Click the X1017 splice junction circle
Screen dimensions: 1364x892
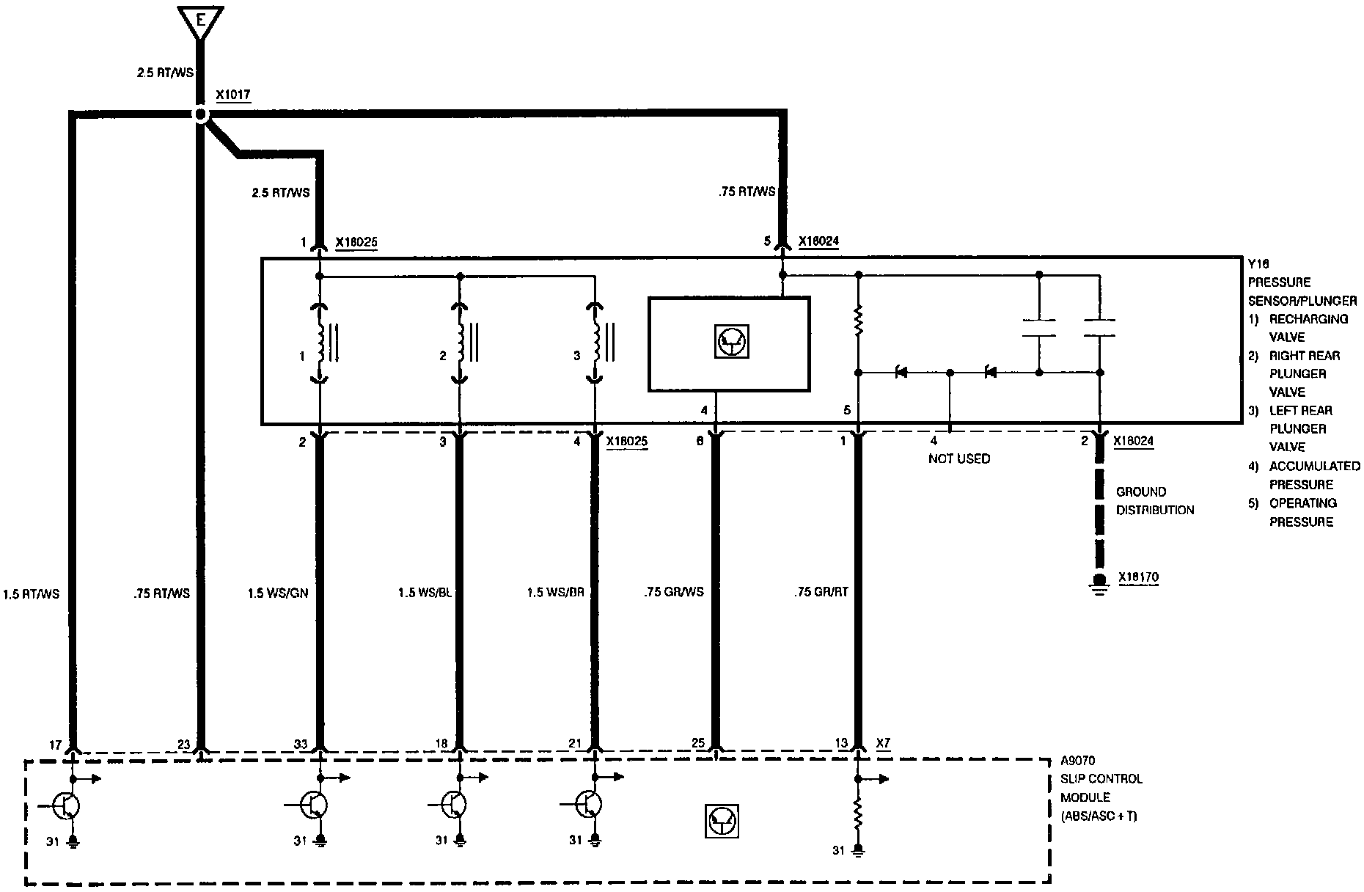point(199,115)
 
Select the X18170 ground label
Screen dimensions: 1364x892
point(1139,577)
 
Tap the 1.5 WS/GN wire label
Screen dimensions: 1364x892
point(278,593)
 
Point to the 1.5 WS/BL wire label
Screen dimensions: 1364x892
point(425,593)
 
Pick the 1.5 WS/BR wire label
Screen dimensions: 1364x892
point(556,593)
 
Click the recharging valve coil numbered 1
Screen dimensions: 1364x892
point(320,342)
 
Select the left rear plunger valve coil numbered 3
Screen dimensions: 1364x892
point(595,342)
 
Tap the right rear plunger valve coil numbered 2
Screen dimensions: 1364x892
point(460,342)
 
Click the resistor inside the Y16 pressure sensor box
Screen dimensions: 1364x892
point(859,321)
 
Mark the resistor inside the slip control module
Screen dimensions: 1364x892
point(858,812)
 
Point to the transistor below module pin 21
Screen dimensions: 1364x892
point(587,805)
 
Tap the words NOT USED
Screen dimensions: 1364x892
point(959,458)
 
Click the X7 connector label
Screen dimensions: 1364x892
point(884,743)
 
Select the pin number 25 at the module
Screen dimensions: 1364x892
point(698,743)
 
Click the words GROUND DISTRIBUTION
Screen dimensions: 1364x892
point(1155,501)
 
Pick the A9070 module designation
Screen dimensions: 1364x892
point(1078,760)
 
